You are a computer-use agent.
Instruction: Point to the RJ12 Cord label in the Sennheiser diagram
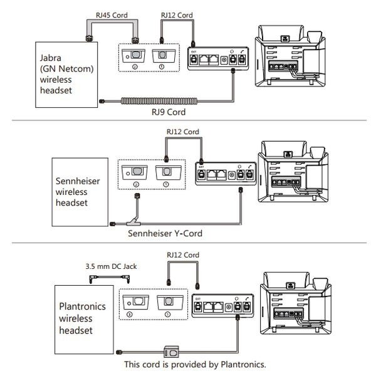pyautogui.click(x=182, y=132)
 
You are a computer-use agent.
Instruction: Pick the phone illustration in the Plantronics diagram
pyautogui.click(x=294, y=305)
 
